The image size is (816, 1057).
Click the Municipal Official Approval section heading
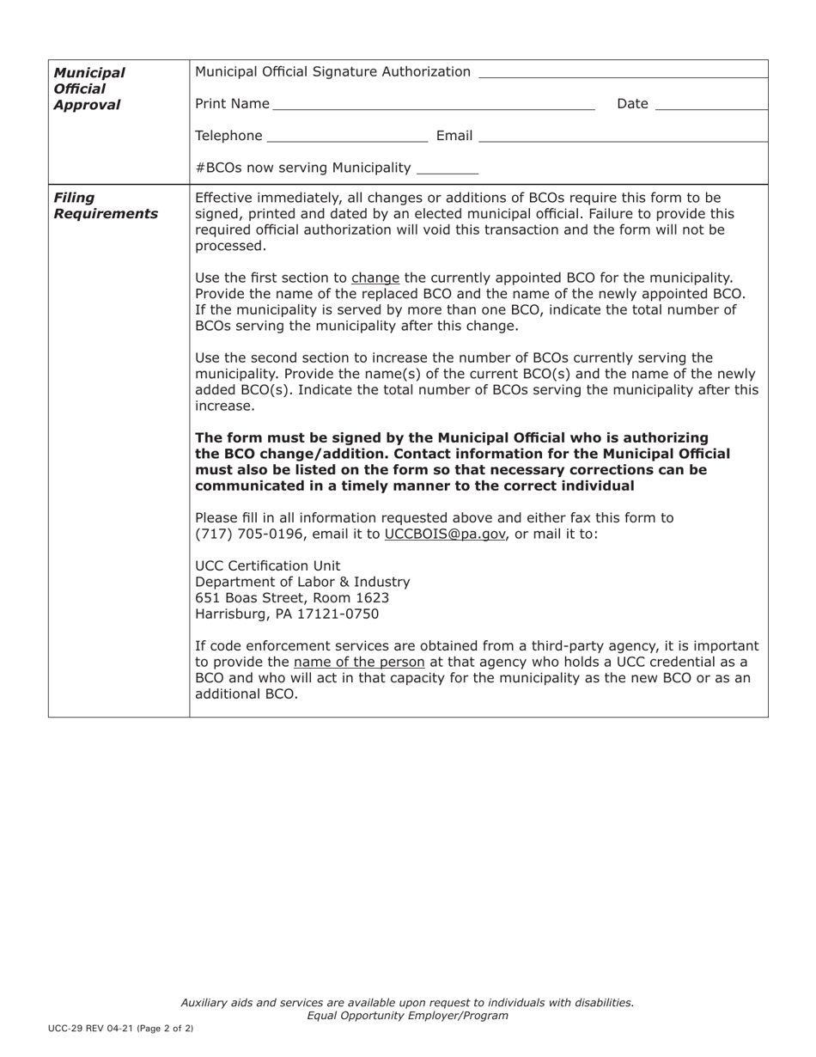[88, 89]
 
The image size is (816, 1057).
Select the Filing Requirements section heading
[105, 205]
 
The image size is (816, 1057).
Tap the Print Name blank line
[434, 108]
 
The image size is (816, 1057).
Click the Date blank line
[710, 108]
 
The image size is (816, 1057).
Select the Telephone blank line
[348, 139]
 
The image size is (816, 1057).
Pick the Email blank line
[623, 139]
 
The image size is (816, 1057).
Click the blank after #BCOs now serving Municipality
[446, 171]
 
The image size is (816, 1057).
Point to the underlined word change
[375, 278]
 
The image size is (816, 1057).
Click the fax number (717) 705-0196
[245, 534]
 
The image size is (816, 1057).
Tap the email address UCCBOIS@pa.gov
[445, 534]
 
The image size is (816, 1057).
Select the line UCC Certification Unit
[268, 565]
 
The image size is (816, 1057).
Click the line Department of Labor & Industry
[302, 582]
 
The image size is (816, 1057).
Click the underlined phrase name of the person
[359, 662]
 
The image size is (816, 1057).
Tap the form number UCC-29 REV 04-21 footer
[120, 1028]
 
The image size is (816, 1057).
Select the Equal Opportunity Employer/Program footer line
[407, 1015]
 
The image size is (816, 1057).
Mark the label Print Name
[232, 104]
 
